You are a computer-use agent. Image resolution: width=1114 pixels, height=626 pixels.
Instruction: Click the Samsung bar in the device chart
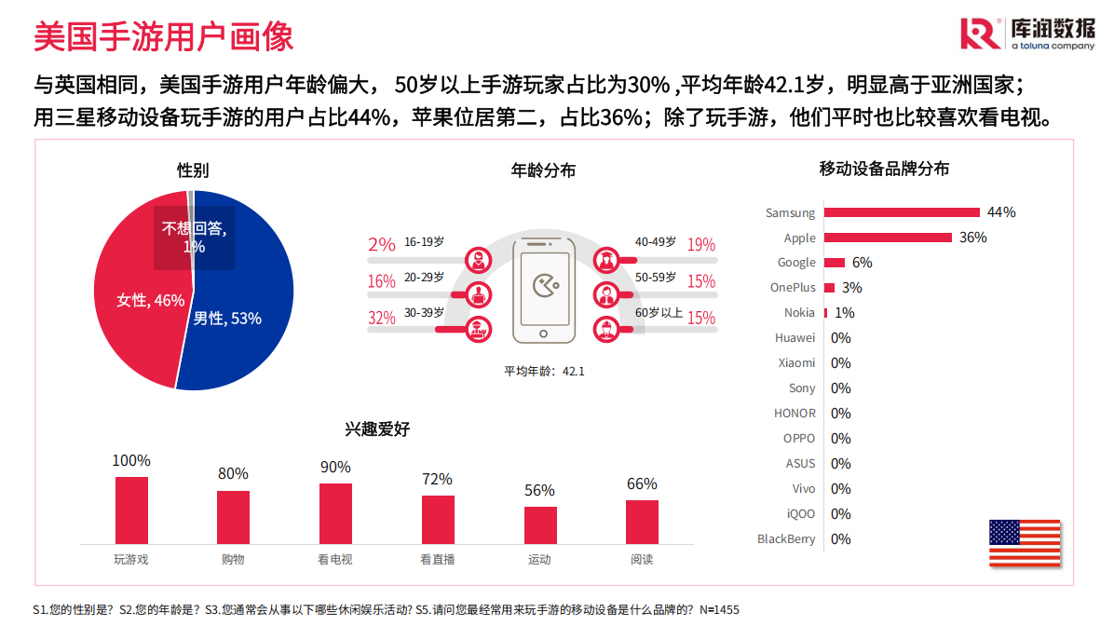901,212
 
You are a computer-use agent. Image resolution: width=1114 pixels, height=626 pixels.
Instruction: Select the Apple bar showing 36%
887,238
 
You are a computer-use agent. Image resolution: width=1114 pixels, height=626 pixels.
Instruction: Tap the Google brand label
796,263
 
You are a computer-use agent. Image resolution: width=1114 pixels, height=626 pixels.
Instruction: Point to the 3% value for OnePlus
851,288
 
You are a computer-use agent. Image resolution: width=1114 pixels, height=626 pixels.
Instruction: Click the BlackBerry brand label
786,538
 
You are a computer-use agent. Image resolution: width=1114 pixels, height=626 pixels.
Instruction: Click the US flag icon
1025,543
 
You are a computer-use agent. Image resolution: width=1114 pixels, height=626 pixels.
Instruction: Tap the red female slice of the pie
135,298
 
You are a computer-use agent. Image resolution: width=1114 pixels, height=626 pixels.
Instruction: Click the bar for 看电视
335,513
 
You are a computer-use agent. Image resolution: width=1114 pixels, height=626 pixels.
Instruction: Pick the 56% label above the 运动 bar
539,490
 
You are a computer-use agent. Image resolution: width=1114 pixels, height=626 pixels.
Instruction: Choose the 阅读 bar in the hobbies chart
642,522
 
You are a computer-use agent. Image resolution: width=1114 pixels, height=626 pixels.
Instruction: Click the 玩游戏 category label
131,560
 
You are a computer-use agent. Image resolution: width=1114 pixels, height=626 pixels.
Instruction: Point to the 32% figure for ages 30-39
382,318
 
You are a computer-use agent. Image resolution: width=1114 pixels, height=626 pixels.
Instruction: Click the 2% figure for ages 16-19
382,244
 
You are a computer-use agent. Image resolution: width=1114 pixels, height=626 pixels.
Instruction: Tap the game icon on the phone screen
544,285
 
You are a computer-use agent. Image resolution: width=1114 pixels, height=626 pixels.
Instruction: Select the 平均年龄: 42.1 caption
544,371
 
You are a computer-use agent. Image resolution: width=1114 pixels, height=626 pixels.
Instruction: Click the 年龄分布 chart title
544,170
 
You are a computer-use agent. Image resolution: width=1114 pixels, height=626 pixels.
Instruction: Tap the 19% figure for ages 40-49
701,245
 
